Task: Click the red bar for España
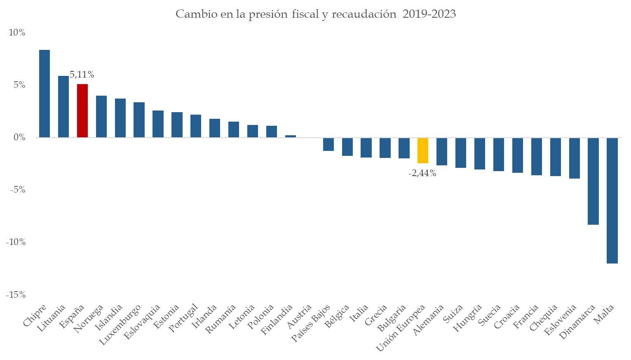(x=82, y=111)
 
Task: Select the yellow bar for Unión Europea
(x=423, y=151)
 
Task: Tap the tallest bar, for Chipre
(x=45, y=94)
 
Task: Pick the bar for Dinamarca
(x=593, y=181)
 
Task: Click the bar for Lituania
(x=63, y=106)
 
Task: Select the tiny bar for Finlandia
(x=291, y=136)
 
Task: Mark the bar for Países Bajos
(x=328, y=144)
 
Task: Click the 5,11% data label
(x=82, y=75)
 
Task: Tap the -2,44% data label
(x=422, y=174)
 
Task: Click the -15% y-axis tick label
(x=16, y=295)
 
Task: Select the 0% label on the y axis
(x=19, y=137)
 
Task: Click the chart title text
(x=316, y=14)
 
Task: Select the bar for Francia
(x=536, y=157)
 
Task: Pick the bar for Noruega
(x=101, y=116)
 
